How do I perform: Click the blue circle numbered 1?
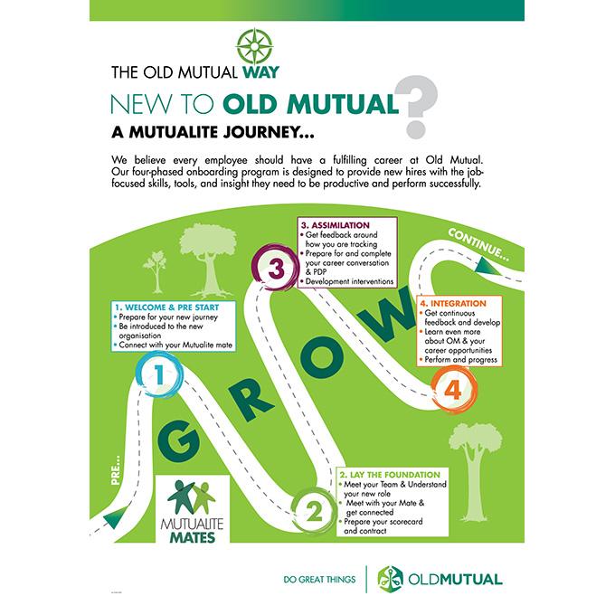(158, 374)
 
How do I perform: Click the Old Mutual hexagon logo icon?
(390, 578)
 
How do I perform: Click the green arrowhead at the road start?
(113, 517)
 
